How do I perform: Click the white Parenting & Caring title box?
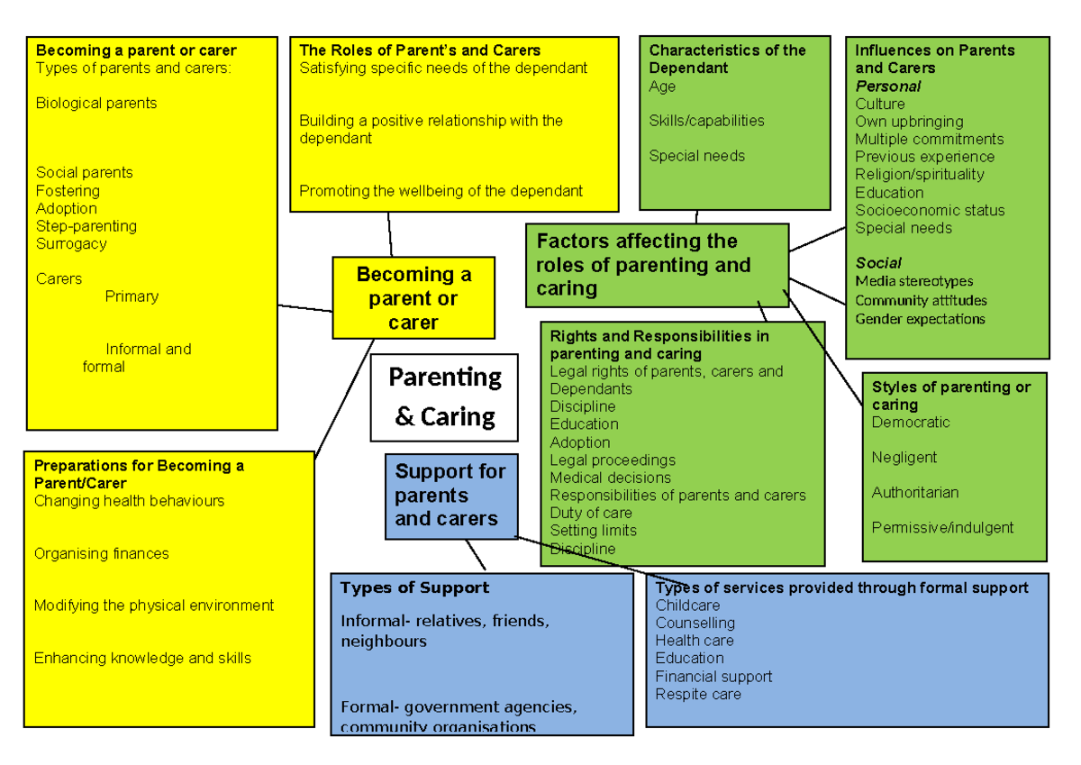pyautogui.click(x=444, y=397)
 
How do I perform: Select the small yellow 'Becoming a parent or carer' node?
pyautogui.click(x=413, y=298)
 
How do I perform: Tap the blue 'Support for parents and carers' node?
pyautogui.click(x=450, y=496)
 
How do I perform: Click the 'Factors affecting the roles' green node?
pyautogui.click(x=657, y=265)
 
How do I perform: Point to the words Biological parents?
pyautogui.click(x=96, y=104)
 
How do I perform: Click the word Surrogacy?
pyautogui.click(x=71, y=243)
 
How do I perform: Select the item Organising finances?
pyautogui.click(x=101, y=554)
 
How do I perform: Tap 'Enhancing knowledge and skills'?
pyautogui.click(x=142, y=659)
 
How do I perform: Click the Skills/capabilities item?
pyautogui.click(x=706, y=121)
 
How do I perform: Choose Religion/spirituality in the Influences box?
pyautogui.click(x=919, y=175)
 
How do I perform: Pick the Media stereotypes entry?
pyautogui.click(x=913, y=282)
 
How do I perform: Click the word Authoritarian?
pyautogui.click(x=914, y=493)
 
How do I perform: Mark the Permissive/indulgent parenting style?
pyautogui.click(x=942, y=528)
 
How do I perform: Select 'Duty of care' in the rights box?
pyautogui.click(x=591, y=513)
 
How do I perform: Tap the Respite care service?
pyautogui.click(x=698, y=694)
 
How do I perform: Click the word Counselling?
pyautogui.click(x=695, y=623)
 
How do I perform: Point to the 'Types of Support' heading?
pyautogui.click(x=414, y=588)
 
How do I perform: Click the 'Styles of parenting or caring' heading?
pyautogui.click(x=950, y=396)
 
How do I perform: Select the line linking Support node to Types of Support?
pyautogui.click(x=475, y=555)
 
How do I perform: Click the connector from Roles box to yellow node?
pyautogui.click(x=390, y=235)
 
